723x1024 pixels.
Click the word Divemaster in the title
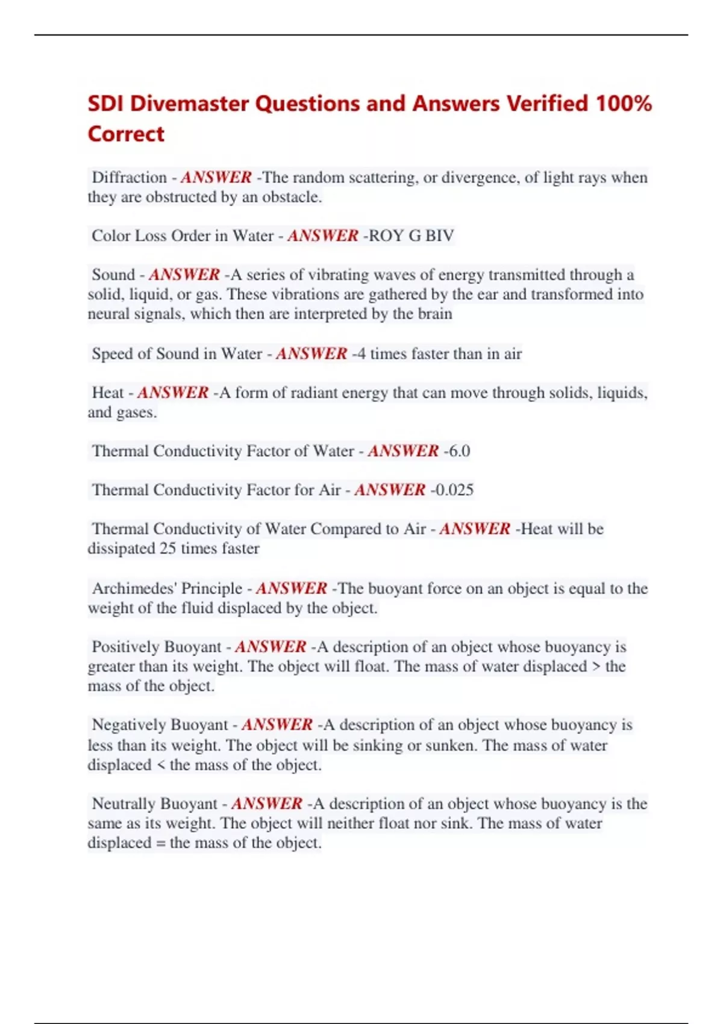190,104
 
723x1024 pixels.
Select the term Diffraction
129,177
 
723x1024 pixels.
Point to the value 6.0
459,451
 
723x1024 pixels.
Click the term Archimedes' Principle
167,588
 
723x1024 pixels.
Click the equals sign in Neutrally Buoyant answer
160,843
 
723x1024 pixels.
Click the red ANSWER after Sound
184,275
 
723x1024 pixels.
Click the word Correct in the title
126,134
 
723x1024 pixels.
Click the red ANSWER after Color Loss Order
323,236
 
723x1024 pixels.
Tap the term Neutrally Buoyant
154,804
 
